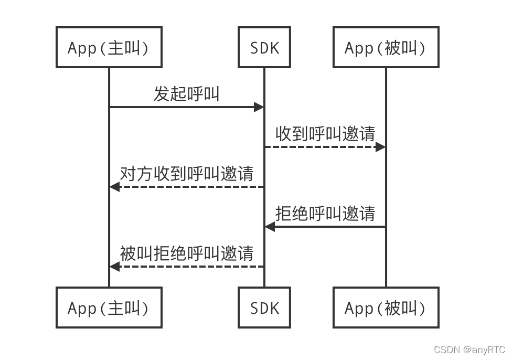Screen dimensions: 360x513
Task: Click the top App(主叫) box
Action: click(109, 48)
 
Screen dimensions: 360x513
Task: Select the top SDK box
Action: click(264, 48)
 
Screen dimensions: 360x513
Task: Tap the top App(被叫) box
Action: click(386, 48)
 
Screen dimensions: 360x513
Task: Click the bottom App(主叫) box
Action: click(109, 308)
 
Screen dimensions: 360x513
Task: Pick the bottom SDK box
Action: click(264, 308)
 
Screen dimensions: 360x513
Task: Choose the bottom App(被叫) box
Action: click(386, 308)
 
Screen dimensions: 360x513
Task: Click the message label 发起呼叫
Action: click(186, 94)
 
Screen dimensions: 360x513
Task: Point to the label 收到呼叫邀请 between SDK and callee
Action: click(325, 134)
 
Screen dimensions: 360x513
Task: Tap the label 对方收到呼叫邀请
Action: click(186, 174)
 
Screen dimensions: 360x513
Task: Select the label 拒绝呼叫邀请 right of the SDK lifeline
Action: click(325, 214)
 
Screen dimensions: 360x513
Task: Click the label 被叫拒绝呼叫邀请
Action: click(186, 253)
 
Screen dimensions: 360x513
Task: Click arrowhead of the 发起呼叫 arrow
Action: click(259, 107)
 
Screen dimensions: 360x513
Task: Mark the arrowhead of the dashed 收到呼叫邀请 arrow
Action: click(381, 147)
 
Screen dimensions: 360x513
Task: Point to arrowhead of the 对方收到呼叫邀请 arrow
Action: click(114, 187)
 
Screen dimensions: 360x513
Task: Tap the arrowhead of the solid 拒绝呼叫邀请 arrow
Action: click(269, 227)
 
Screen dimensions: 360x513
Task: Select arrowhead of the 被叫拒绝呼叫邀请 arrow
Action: click(114, 267)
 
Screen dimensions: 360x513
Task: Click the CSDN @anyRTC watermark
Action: click(469, 350)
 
